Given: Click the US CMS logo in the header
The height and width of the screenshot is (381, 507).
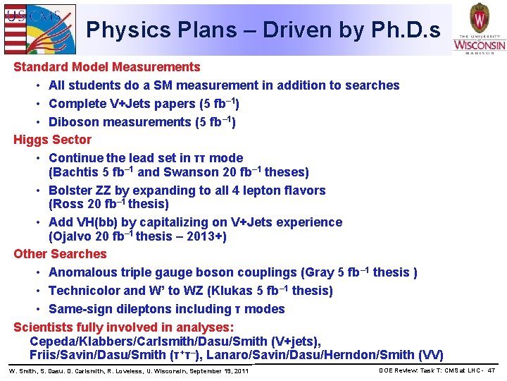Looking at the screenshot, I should pyautogui.click(x=39, y=28).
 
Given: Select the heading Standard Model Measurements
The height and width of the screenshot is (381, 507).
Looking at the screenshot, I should pyautogui.click(x=107, y=67).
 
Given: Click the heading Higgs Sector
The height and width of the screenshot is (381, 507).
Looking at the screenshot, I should pyautogui.click(x=53, y=140).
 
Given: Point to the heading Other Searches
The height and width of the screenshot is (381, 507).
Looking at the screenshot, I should pyautogui.click(x=60, y=254).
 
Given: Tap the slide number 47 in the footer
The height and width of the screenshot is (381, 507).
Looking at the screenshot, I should pyautogui.click(x=491, y=370).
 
